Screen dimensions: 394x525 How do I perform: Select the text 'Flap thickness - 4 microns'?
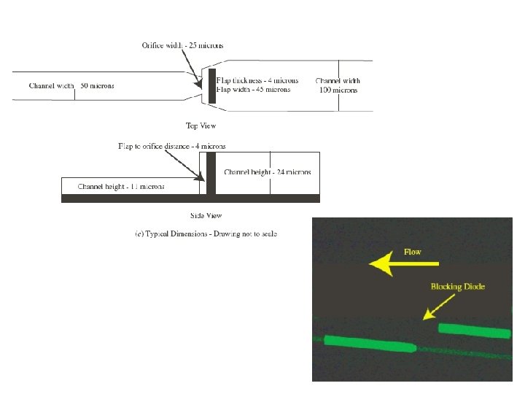(253, 81)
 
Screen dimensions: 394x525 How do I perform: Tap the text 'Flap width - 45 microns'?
(253, 90)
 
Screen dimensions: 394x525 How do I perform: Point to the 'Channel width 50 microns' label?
(71, 86)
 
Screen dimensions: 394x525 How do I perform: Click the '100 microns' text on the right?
(338, 90)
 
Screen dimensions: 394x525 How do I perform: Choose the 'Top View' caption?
(201, 125)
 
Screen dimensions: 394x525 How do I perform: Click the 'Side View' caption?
(206, 215)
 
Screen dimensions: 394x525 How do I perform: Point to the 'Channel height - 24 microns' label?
(268, 173)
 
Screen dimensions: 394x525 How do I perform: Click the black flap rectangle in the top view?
(212, 85)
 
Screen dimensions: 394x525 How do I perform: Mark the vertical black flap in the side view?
(211, 173)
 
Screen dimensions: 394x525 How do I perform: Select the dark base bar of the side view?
(190, 198)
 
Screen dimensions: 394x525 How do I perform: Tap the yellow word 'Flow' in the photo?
(413, 252)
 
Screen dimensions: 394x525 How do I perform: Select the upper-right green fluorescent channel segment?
(474, 331)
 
